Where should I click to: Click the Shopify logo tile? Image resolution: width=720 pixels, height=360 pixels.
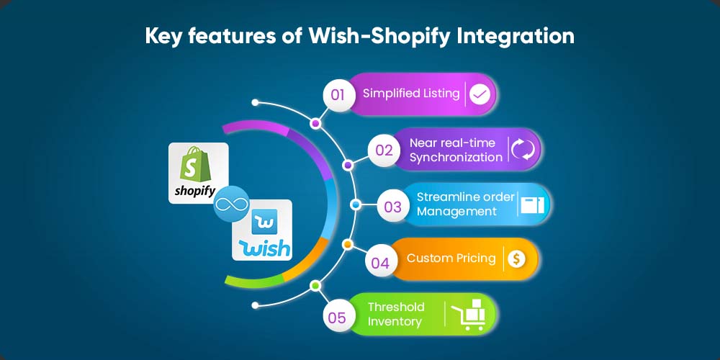[x=199, y=173]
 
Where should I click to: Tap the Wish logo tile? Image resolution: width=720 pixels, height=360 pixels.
[x=262, y=230]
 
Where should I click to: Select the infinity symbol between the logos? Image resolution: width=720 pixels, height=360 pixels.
[x=231, y=204]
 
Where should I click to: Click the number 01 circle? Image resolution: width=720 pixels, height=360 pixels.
[x=338, y=95]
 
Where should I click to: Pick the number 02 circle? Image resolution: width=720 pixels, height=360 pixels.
[x=384, y=150]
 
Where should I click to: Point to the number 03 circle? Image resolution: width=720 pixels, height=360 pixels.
[x=392, y=206]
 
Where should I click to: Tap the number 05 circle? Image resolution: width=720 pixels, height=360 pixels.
[x=338, y=318]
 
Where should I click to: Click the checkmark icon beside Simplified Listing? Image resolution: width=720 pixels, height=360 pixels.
[x=480, y=94]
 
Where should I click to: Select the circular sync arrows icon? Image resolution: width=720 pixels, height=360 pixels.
[x=523, y=150]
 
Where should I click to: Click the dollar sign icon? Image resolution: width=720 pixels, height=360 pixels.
[x=516, y=259]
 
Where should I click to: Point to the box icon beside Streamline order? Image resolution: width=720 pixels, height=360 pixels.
[x=532, y=204]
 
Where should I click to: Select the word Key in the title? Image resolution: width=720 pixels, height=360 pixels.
[x=163, y=36]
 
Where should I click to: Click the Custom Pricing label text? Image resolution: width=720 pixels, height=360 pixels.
[x=451, y=258]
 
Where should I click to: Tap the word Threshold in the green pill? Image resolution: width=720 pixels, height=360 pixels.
[x=396, y=307]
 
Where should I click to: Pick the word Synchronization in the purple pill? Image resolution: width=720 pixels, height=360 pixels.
[x=456, y=158]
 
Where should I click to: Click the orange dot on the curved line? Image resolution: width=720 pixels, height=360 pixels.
[x=348, y=244]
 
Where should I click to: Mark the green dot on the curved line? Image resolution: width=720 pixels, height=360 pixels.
[x=315, y=286]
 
